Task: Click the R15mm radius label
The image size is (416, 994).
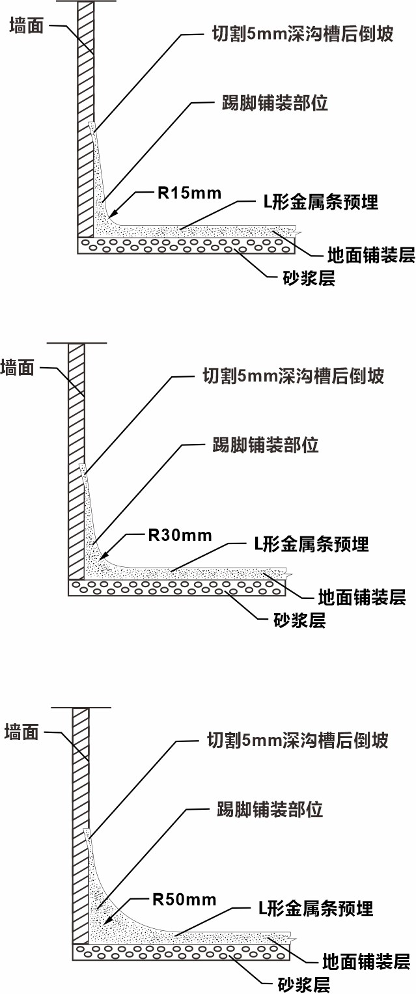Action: (x=189, y=193)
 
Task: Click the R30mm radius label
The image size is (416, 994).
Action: (x=180, y=535)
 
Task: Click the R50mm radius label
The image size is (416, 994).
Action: (x=184, y=900)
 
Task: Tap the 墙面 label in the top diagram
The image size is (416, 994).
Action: (x=27, y=26)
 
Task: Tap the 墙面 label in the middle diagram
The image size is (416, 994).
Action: (x=18, y=368)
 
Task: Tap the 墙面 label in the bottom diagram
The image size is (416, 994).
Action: (x=21, y=732)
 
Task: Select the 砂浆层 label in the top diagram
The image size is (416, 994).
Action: (x=309, y=278)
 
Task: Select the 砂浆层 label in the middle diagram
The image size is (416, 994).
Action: (x=299, y=620)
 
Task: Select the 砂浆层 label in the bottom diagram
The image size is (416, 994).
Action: (x=304, y=984)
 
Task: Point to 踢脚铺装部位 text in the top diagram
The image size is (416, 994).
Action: (x=275, y=103)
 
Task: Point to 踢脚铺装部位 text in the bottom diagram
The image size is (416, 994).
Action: (x=270, y=809)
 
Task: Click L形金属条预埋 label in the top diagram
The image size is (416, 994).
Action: (x=321, y=202)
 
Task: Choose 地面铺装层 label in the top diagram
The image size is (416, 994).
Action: (x=371, y=255)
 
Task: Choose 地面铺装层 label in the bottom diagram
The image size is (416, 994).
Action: (x=367, y=961)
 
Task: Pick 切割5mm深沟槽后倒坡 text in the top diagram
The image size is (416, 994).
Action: (x=303, y=34)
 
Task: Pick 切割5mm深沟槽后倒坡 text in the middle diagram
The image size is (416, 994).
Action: (x=294, y=376)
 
